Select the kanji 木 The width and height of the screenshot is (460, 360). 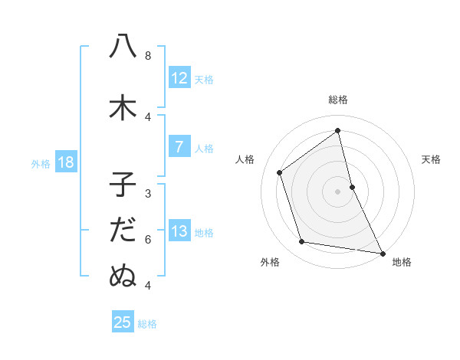[123, 108]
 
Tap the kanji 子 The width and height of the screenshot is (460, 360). [123, 185]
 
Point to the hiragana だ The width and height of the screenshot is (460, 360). [123, 231]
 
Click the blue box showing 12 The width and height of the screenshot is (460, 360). [179, 78]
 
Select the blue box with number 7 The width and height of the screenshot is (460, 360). [179, 147]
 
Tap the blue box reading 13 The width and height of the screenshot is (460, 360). [179, 231]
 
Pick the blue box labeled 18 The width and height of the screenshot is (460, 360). [65, 162]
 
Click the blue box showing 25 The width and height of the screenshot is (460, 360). [123, 322]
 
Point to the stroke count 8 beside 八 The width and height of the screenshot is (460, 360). [148, 56]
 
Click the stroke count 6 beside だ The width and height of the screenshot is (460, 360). [148, 240]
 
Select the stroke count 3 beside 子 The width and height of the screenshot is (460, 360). [148, 194]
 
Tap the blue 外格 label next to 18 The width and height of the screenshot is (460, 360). [41, 163]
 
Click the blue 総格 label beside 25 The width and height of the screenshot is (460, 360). [147, 323]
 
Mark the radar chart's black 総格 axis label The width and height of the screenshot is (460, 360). [338, 100]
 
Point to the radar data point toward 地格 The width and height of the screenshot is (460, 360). [382, 252]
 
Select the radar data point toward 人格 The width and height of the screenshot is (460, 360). [280, 172]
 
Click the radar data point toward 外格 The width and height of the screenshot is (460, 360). [302, 242]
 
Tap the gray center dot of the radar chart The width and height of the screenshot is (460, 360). [338, 191]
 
